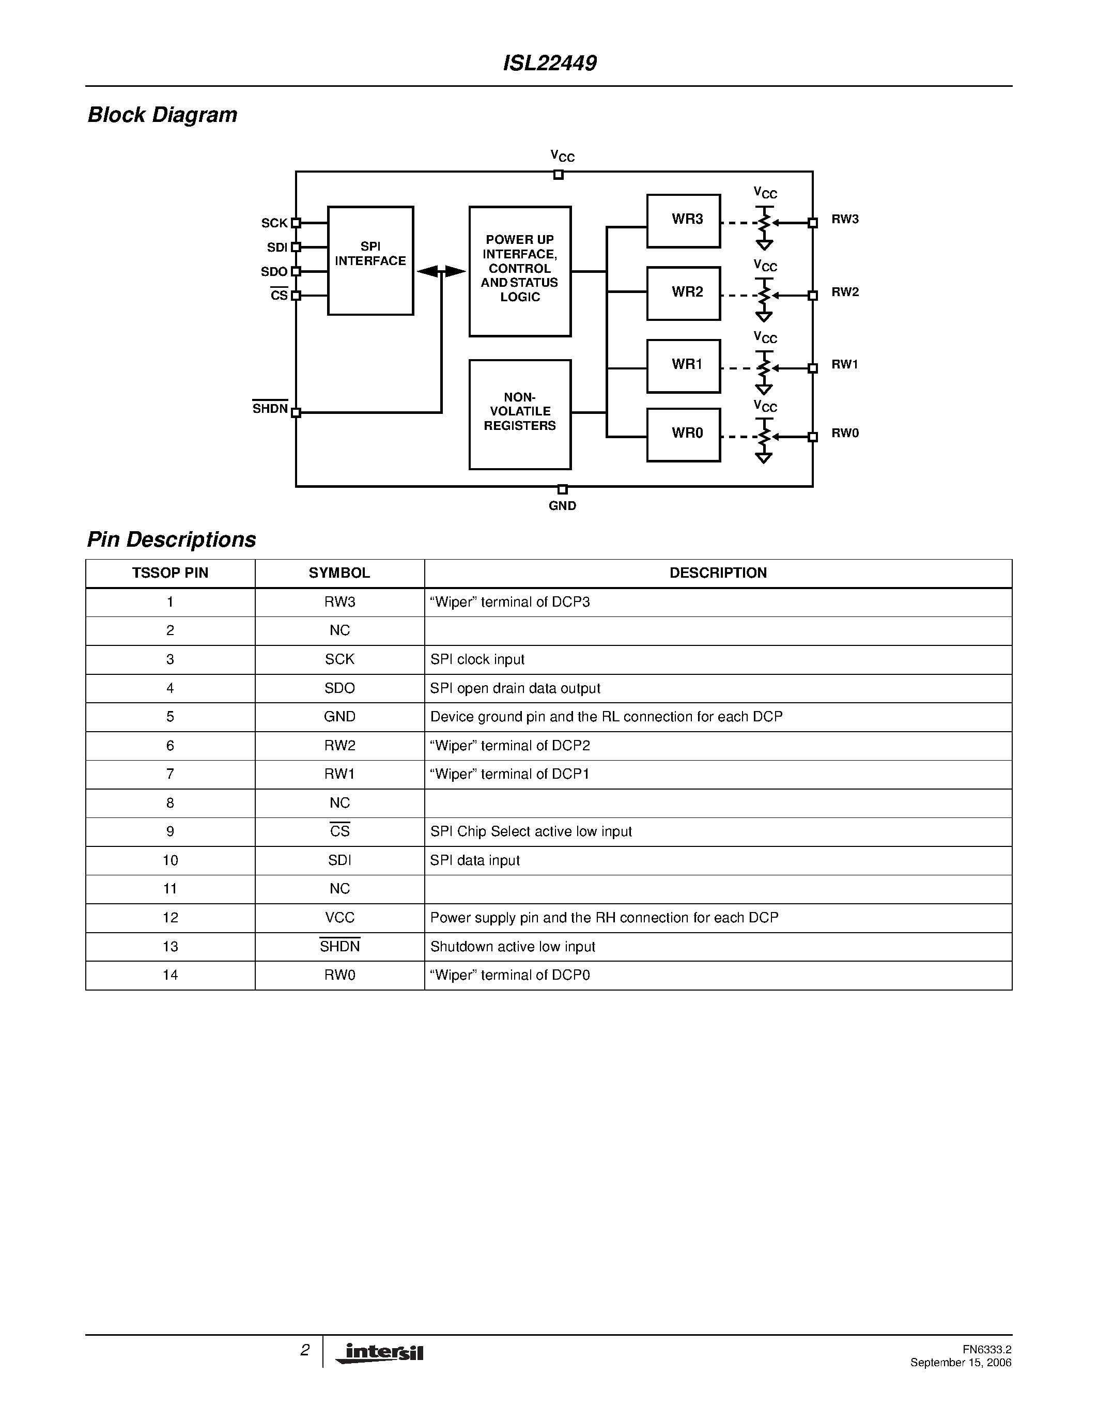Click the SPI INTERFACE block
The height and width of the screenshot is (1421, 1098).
pos(370,260)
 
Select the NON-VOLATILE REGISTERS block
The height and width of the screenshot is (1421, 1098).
pos(520,414)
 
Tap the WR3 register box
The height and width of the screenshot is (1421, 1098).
pos(683,221)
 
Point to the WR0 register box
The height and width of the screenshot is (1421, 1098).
pos(683,435)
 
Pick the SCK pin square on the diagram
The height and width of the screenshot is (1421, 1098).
pos(296,223)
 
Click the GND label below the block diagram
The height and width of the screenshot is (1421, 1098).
pos(562,505)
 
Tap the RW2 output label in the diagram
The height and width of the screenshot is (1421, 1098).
pos(845,292)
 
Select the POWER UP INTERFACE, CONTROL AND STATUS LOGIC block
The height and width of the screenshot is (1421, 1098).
pos(520,271)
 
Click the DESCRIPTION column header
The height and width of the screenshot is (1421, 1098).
pos(718,573)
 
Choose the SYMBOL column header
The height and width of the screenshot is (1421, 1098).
pos(339,573)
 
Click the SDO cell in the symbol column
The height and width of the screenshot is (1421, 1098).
pos(339,688)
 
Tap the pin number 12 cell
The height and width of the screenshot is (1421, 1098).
pos(170,917)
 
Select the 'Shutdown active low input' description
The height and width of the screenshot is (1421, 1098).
pos(513,946)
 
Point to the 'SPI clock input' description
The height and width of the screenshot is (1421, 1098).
pos(477,659)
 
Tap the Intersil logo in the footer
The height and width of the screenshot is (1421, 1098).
pos(380,1353)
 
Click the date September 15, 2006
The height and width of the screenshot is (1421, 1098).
pos(960,1362)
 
